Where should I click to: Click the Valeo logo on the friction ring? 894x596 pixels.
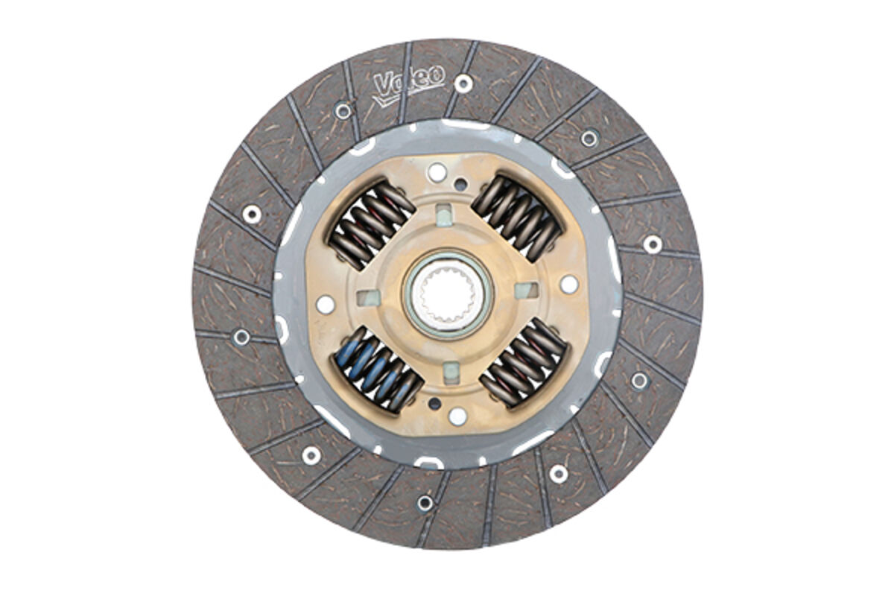tap(408, 85)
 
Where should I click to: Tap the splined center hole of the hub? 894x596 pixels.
tap(448, 294)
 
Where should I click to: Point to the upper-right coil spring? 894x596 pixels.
tap(516, 218)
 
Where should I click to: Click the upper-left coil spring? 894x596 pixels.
tap(372, 224)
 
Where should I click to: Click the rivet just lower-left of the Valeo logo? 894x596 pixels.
tap(343, 111)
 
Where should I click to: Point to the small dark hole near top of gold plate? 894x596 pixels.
tap(461, 184)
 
